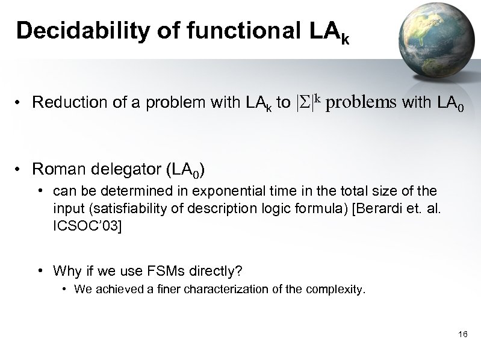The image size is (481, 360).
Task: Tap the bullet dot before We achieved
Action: point(65,290)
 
